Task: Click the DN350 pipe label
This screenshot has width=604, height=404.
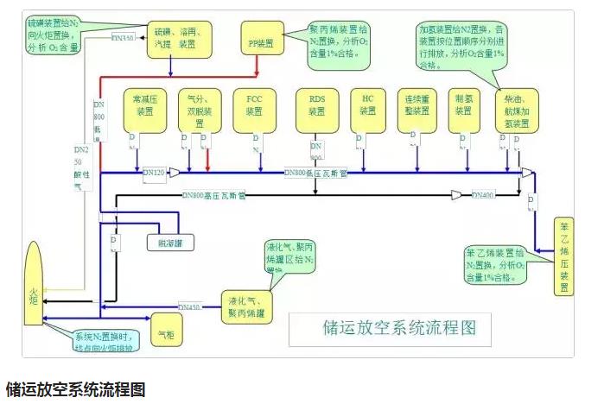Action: coord(124,38)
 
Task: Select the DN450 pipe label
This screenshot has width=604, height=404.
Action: coord(189,306)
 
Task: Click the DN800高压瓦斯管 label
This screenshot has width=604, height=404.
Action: coord(214,196)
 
